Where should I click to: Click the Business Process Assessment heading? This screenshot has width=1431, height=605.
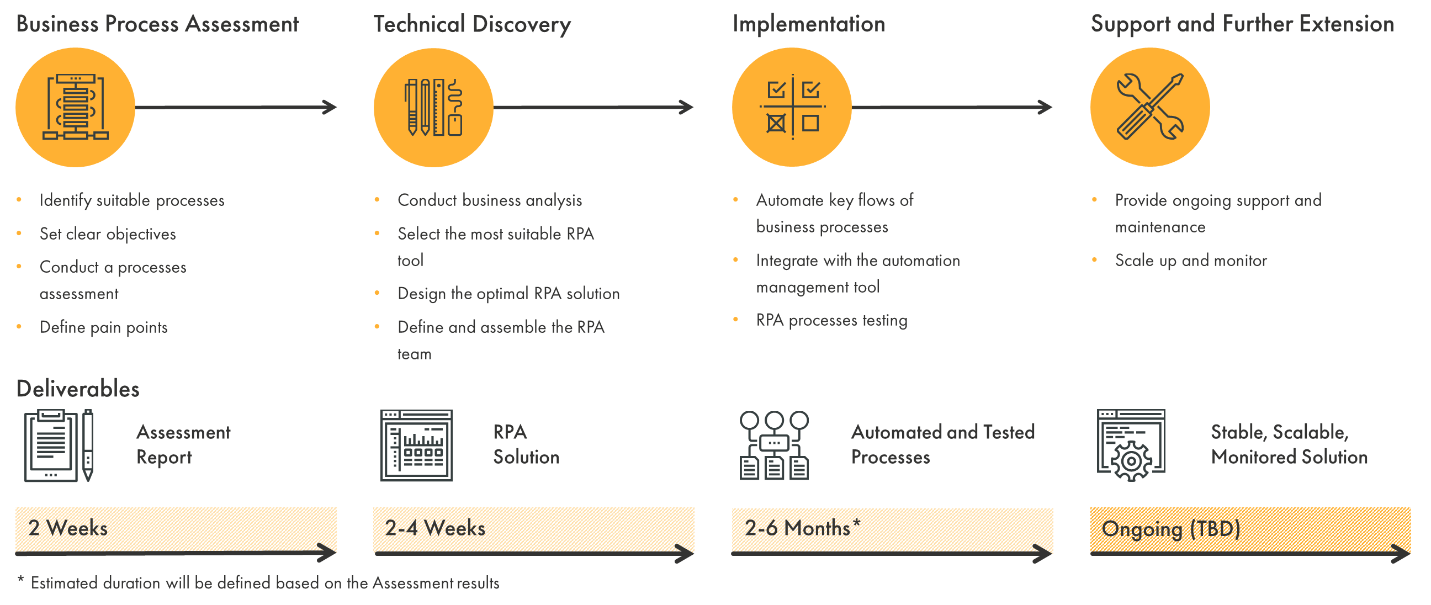157,24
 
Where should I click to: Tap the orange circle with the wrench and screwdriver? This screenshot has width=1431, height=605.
1149,107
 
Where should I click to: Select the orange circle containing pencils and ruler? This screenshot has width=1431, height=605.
433,107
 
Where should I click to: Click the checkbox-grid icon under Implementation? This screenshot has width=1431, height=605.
792,107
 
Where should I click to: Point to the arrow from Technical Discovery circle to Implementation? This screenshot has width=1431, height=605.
593,107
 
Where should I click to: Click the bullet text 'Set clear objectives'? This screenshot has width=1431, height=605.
108,234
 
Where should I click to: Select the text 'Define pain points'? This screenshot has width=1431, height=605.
103,327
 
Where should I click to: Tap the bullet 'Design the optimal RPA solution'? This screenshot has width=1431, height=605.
508,293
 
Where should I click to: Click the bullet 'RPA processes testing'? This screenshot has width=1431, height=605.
831,321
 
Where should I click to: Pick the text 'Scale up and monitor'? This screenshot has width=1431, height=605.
1190,261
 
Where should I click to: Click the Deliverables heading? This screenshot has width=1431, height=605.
78,389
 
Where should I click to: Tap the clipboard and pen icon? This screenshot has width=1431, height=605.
59,445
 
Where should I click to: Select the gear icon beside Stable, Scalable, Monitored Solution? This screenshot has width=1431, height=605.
1131,445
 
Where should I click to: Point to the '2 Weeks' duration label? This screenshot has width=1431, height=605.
68,528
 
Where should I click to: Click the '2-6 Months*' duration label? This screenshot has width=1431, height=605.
802,528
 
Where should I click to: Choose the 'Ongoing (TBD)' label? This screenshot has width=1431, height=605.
1170,529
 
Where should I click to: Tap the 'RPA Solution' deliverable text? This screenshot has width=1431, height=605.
526,444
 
